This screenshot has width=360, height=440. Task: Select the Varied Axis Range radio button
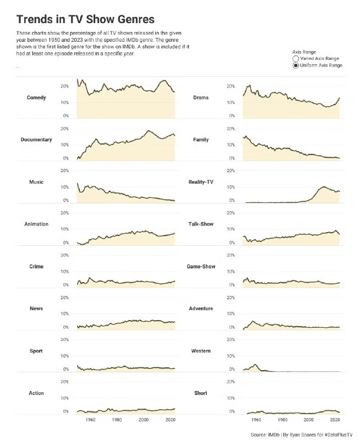[296, 58]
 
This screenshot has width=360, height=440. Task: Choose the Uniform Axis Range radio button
[296, 65]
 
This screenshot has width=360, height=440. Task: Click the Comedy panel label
[36, 98]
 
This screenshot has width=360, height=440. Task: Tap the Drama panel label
[200, 98]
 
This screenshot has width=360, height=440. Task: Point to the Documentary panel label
[36, 140]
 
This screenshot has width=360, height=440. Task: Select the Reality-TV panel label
[200, 182]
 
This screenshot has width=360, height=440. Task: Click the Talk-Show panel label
[200, 224]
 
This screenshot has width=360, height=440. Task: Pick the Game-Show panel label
[200, 267]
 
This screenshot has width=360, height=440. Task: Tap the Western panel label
[200, 351]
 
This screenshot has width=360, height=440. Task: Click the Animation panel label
[36, 224]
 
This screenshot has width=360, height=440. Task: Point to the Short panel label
[200, 393]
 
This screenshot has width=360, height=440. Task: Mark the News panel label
[36, 309]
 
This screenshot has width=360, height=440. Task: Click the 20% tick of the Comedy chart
[64, 86]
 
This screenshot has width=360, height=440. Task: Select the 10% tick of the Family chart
[231, 145]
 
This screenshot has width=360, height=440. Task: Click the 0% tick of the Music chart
[66, 200]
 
